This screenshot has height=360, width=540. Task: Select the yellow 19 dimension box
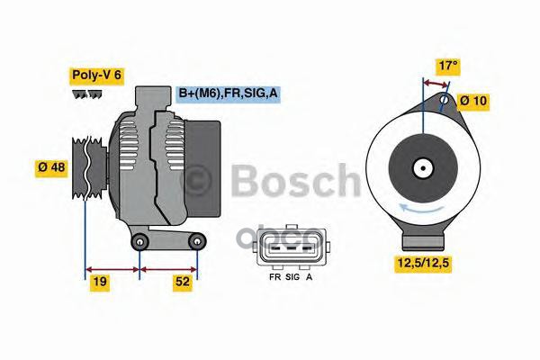(x=100, y=281)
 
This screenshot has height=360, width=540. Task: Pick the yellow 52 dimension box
(x=183, y=281)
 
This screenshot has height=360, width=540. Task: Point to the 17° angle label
(x=447, y=65)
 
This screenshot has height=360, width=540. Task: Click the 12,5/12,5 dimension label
(x=424, y=263)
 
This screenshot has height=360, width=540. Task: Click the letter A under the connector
(x=310, y=277)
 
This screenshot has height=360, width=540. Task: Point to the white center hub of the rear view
(x=420, y=167)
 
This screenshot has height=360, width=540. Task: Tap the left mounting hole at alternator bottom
(x=139, y=242)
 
